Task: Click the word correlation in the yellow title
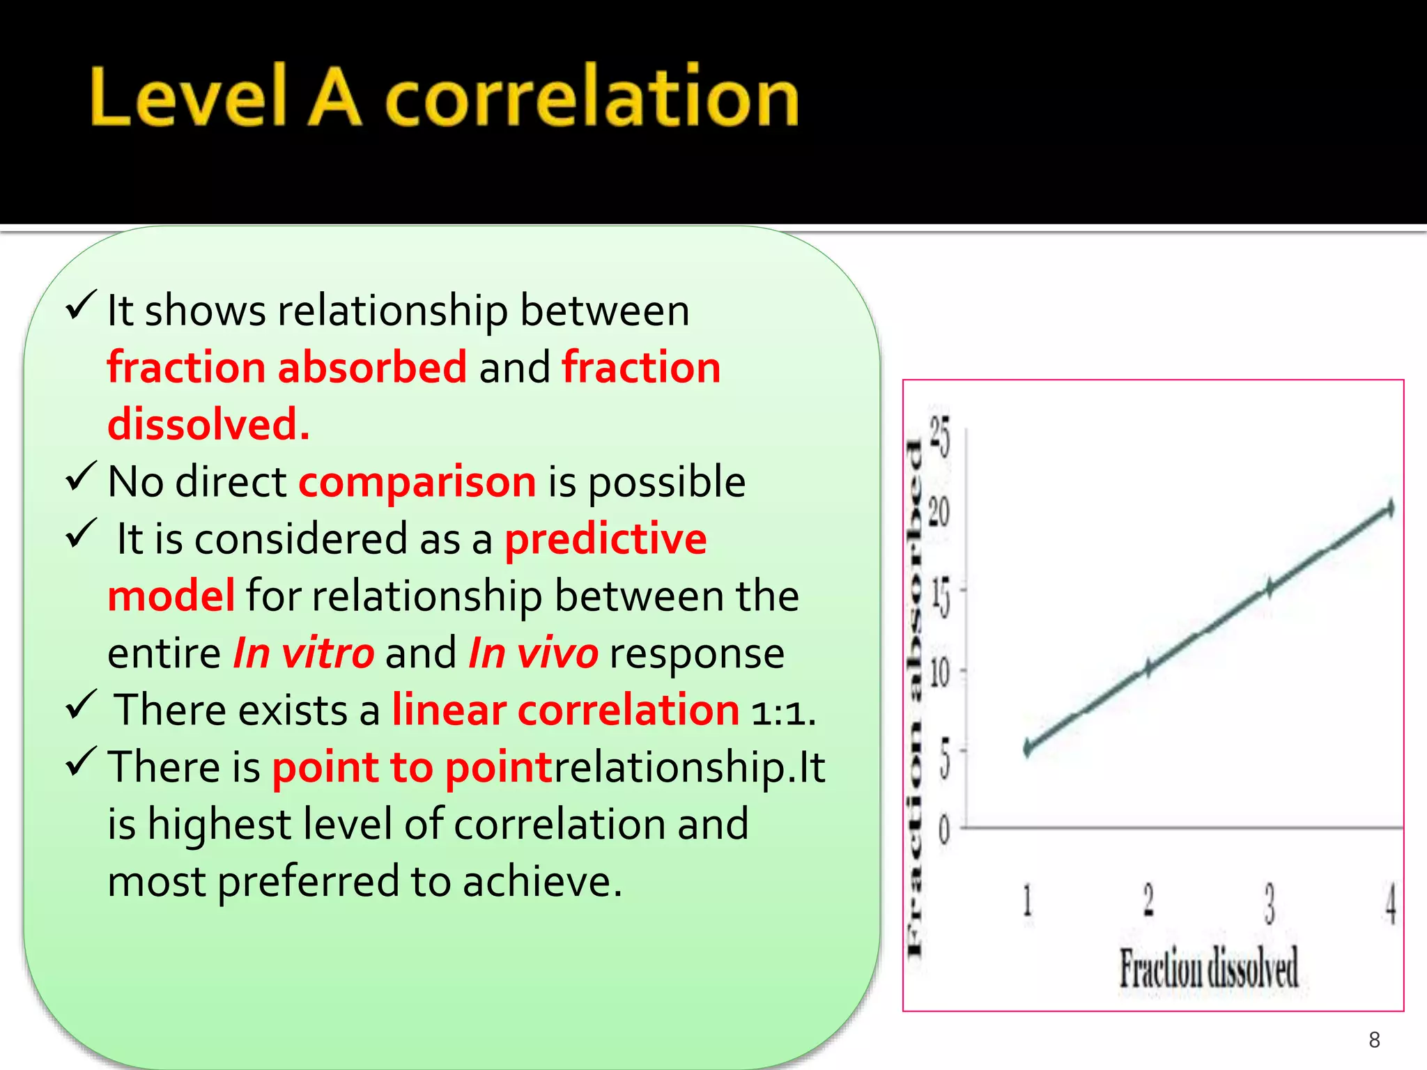pyautogui.click(x=592, y=98)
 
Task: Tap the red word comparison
pyautogui.click(x=417, y=481)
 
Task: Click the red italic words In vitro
pyautogui.click(x=303, y=653)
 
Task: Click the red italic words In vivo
pyautogui.click(x=533, y=653)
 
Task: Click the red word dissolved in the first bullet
pyautogui.click(x=208, y=424)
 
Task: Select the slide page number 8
pyautogui.click(x=1374, y=1040)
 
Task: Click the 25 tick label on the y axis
pyautogui.click(x=939, y=436)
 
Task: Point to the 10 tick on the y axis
pyautogui.click(x=939, y=673)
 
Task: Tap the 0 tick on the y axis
pyautogui.click(x=943, y=830)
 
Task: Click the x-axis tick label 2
pyautogui.click(x=1148, y=900)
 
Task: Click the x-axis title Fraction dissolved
pyautogui.click(x=1209, y=968)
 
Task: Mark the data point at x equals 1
pyautogui.click(x=1028, y=748)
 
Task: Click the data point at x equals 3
pyautogui.click(x=1270, y=587)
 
